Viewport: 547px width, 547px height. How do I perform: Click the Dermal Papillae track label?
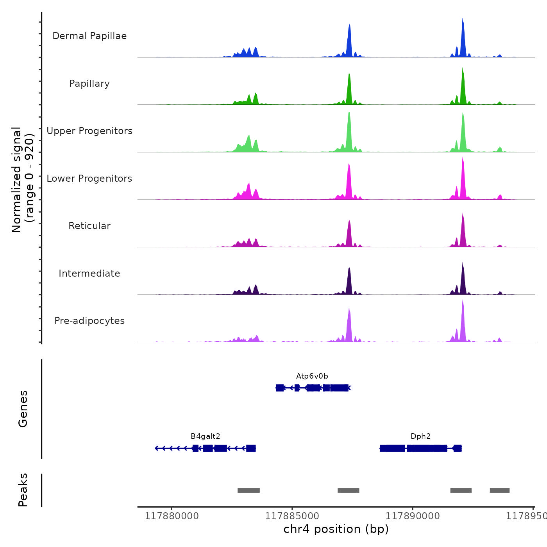tap(89, 36)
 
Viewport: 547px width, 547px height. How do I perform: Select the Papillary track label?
tap(89, 84)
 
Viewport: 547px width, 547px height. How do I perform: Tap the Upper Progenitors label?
tap(89, 131)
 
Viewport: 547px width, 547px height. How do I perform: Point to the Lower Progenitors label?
tap(89, 179)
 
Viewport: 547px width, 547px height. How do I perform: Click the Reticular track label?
tap(89, 226)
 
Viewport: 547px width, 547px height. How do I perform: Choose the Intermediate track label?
tap(89, 273)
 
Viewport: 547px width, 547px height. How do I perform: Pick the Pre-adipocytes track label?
tap(89, 321)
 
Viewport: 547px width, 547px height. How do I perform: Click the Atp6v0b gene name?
tap(312, 376)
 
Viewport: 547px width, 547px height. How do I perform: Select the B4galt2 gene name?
tap(206, 436)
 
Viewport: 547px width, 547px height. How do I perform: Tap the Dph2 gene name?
tap(421, 436)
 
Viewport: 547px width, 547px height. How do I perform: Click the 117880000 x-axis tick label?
tap(172, 516)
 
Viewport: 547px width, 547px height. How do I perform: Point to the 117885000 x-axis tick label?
tap(292, 516)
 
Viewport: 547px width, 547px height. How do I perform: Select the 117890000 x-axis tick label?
tap(412, 516)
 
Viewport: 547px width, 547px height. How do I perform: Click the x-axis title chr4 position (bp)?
tap(336, 529)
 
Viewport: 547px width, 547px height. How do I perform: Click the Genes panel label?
tap(23, 409)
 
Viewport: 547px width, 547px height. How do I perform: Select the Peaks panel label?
tap(23, 490)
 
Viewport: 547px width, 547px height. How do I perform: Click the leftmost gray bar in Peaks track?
tap(248, 490)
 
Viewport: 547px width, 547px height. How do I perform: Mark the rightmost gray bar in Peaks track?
tap(499, 490)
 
